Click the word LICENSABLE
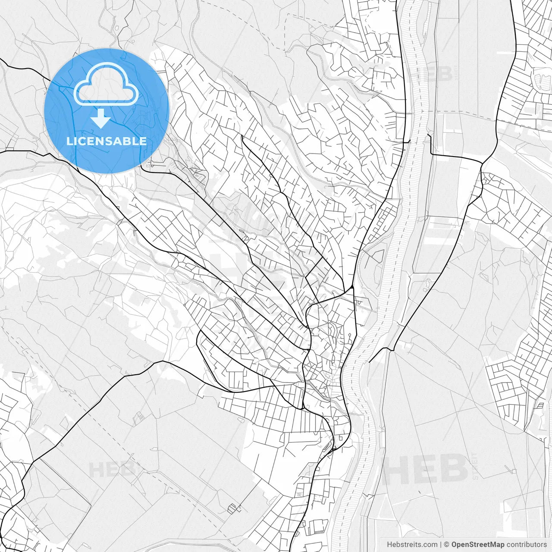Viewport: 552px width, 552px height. click(x=107, y=141)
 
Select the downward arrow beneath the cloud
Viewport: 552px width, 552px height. click(x=101, y=119)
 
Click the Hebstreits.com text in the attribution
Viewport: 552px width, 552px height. click(x=412, y=545)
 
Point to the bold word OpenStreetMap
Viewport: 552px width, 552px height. click(x=478, y=545)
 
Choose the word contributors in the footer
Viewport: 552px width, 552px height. click(x=527, y=545)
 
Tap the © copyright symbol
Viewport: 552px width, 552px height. click(x=447, y=545)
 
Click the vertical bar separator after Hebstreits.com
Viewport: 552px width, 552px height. click(x=441, y=545)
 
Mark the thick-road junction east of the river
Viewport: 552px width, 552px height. click(x=481, y=163)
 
